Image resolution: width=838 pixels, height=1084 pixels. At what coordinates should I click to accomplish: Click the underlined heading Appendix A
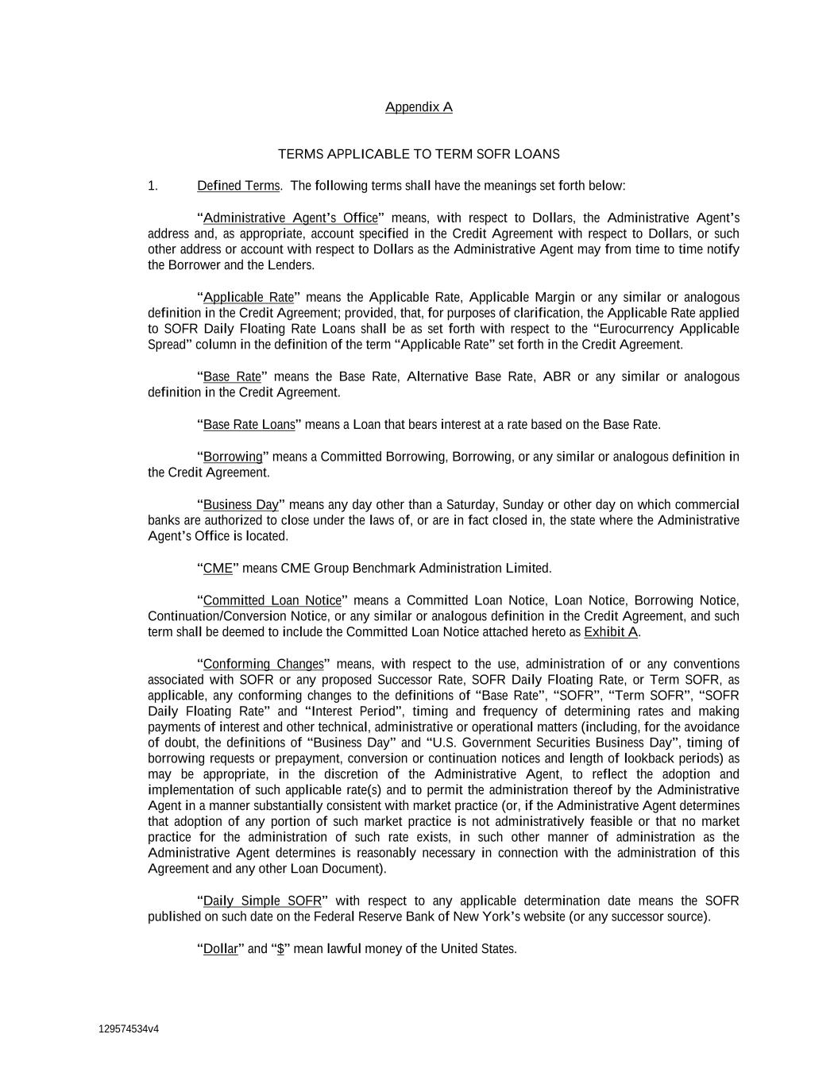tap(419, 107)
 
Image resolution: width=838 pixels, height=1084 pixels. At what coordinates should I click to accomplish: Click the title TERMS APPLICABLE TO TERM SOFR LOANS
tap(419, 154)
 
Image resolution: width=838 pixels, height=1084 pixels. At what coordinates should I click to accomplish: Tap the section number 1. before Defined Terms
tap(153, 186)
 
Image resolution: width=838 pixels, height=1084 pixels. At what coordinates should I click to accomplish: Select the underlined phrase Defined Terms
tap(238, 186)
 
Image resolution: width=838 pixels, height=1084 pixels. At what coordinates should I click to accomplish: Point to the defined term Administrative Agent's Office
tap(290, 218)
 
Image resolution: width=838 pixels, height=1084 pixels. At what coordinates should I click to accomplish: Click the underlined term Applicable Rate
tap(249, 297)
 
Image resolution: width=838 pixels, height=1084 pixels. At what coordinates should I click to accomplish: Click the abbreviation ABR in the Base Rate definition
tap(556, 376)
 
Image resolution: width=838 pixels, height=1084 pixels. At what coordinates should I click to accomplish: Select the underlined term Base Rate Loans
tap(249, 425)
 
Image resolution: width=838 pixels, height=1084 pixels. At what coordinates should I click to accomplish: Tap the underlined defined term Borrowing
tap(233, 457)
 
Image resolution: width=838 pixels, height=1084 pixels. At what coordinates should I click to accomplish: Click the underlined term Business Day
tap(241, 505)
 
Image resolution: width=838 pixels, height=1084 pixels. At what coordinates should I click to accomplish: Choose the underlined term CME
tap(218, 569)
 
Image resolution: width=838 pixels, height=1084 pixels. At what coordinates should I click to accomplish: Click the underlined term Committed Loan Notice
tap(272, 600)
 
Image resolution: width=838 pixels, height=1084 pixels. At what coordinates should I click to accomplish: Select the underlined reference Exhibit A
tap(611, 632)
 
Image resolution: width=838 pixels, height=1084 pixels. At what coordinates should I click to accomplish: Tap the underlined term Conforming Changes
tap(264, 664)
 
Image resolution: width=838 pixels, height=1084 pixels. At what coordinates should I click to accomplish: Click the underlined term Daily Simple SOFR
tap(262, 901)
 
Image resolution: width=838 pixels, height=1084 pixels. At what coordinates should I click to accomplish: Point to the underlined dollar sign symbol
tap(280, 949)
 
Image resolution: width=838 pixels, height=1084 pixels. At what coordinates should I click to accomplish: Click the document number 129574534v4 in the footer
tap(129, 1029)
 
